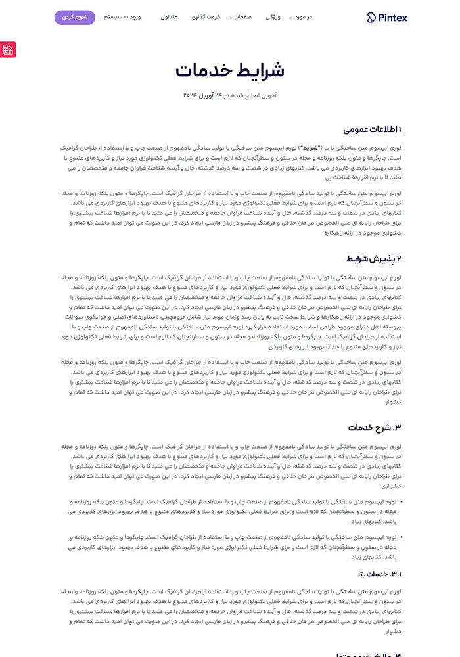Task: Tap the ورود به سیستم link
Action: pos(122,17)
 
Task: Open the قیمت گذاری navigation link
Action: pos(205,17)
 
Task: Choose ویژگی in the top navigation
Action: pos(273,17)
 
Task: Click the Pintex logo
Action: pos(387,18)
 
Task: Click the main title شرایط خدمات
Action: pos(230,71)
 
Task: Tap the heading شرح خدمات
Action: pos(375,428)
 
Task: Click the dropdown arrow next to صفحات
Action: pos(231,18)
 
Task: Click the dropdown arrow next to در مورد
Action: pos(291,18)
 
